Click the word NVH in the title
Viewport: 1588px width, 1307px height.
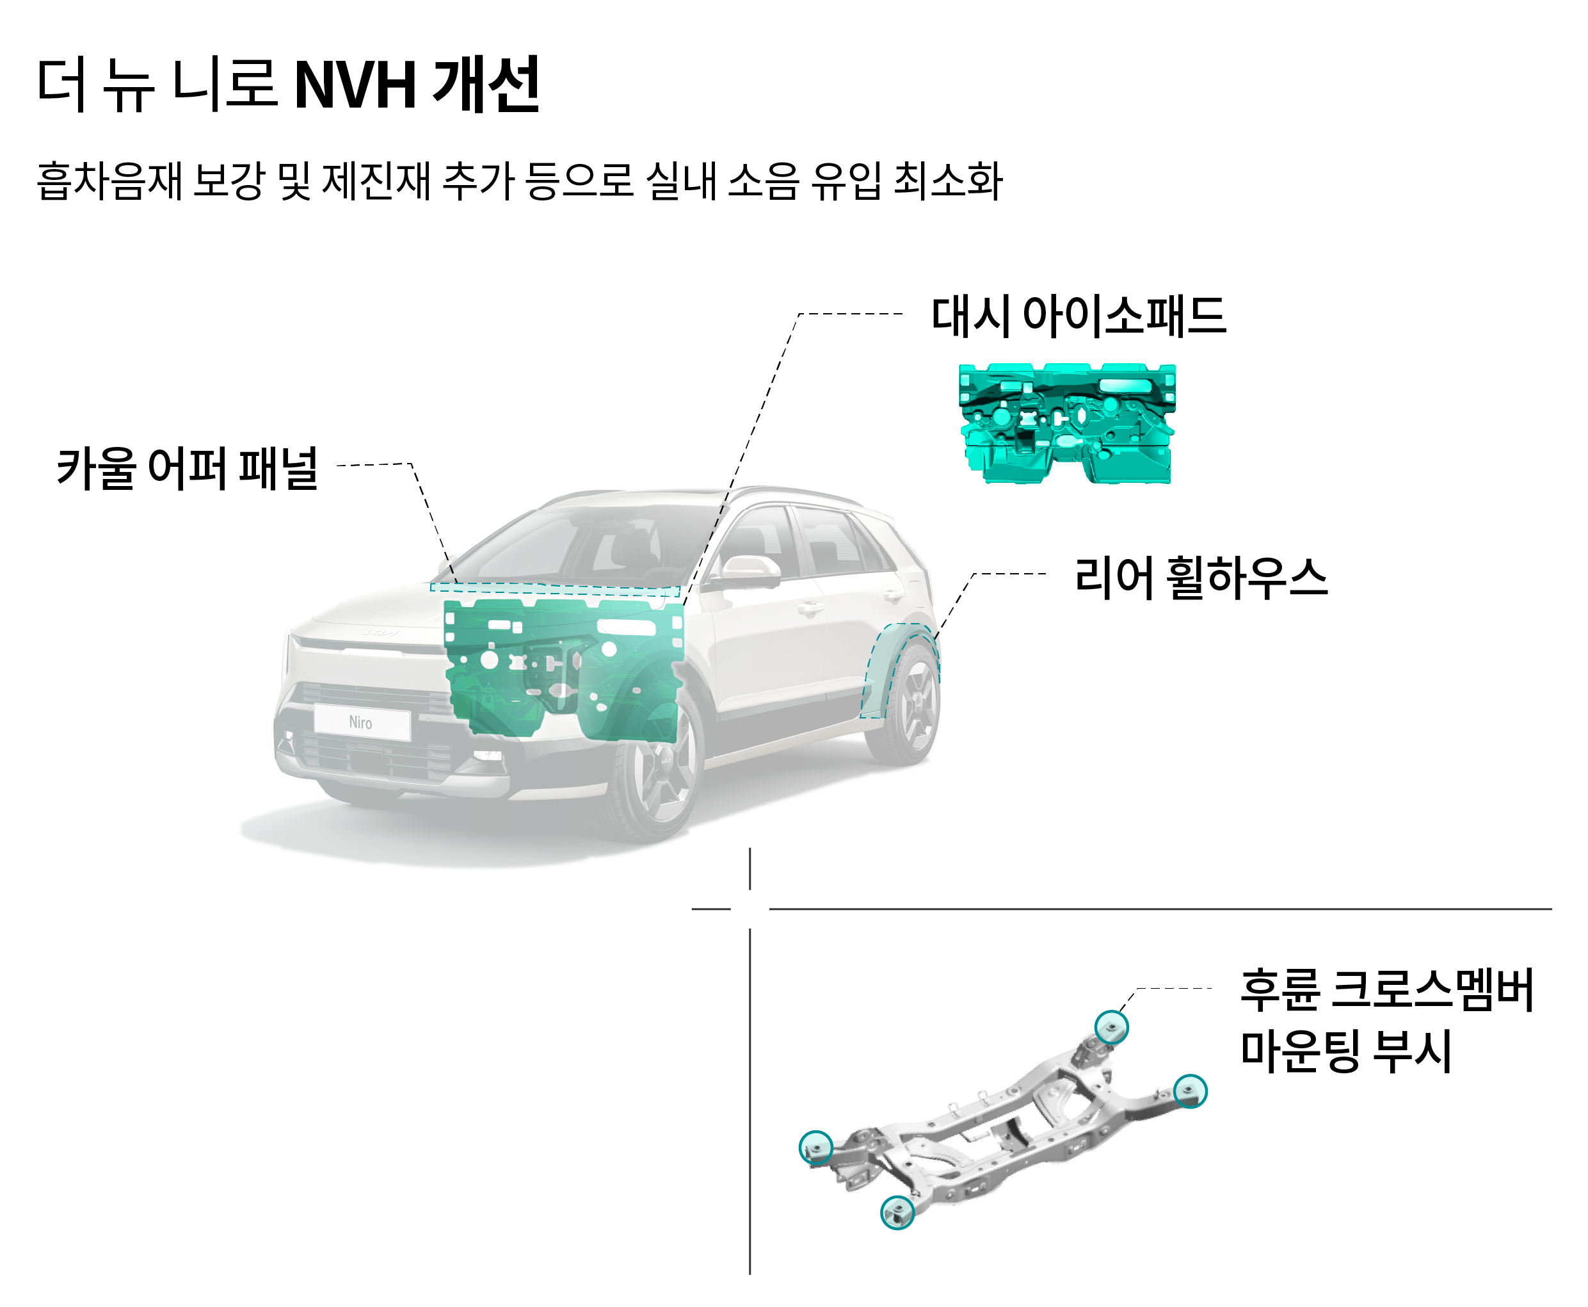tap(355, 85)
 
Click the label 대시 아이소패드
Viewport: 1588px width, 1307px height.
tap(1078, 316)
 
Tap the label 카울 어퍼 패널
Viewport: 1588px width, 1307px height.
tap(188, 468)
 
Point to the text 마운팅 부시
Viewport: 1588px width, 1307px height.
tap(1345, 1051)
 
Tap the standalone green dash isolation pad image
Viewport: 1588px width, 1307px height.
tap(1066, 424)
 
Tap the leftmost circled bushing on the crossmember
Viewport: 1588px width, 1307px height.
tap(815, 1148)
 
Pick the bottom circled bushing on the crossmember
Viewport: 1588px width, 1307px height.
tap(897, 1212)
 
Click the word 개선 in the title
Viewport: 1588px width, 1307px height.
tap(486, 85)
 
